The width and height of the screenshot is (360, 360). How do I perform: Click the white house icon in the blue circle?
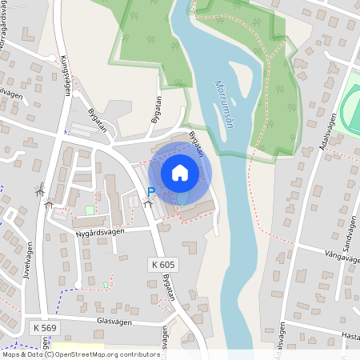pos(180,172)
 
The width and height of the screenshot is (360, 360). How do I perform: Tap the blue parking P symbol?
pos(150,192)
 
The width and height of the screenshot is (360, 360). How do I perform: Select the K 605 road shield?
pos(162,264)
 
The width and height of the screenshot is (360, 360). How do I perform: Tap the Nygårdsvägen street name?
pos(99,233)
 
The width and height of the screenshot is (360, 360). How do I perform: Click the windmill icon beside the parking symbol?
pos(146,204)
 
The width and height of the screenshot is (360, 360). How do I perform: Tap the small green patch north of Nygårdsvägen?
pos(89,210)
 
